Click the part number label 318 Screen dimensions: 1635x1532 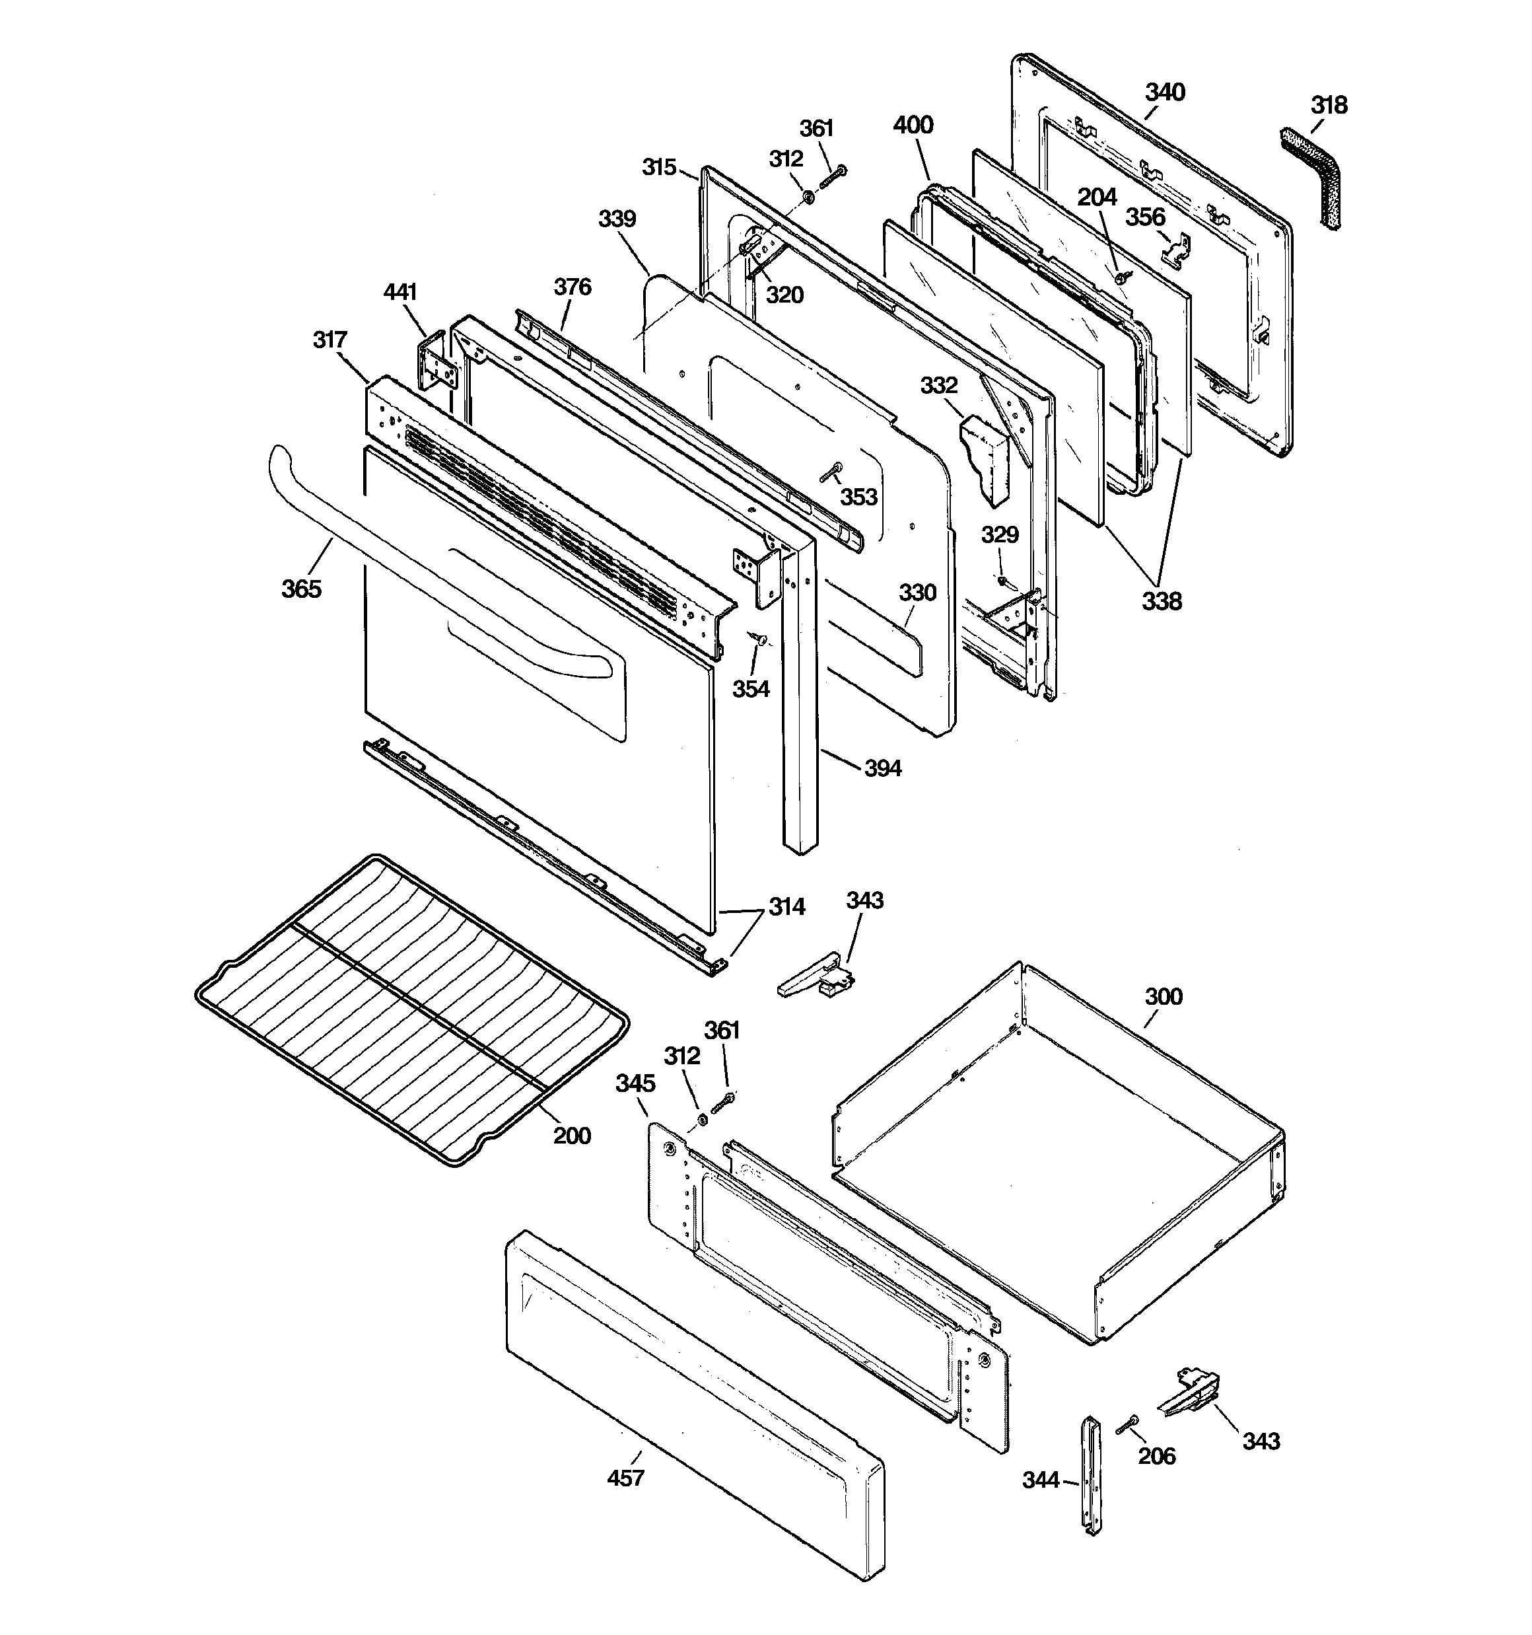1329,105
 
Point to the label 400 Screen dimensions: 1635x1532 913,125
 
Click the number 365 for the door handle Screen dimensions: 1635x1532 301,589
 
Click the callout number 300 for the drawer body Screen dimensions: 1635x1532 1163,997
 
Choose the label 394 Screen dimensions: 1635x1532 882,768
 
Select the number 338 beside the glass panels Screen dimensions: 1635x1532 1161,601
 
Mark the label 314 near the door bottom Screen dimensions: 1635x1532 786,907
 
